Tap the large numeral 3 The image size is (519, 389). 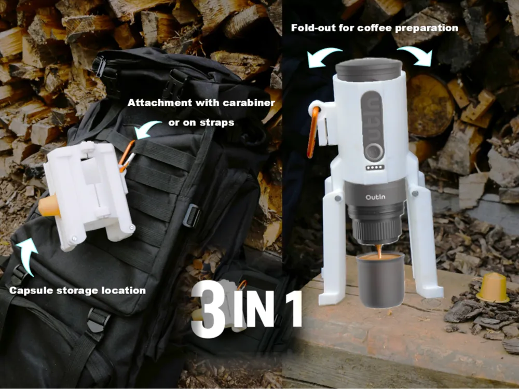click(209, 309)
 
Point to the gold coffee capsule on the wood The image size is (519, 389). click(493, 287)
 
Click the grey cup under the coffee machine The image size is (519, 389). click(380, 280)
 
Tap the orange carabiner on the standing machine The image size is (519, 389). click(312, 132)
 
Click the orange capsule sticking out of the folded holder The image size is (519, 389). click(49, 205)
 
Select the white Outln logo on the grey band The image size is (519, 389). click(375, 197)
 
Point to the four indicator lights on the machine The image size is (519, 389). click(375, 168)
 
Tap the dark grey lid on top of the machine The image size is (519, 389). click(369, 70)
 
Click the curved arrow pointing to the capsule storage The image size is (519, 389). click(26, 255)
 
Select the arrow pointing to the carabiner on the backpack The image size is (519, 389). click(146, 128)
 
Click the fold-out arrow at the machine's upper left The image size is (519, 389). click(323, 55)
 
